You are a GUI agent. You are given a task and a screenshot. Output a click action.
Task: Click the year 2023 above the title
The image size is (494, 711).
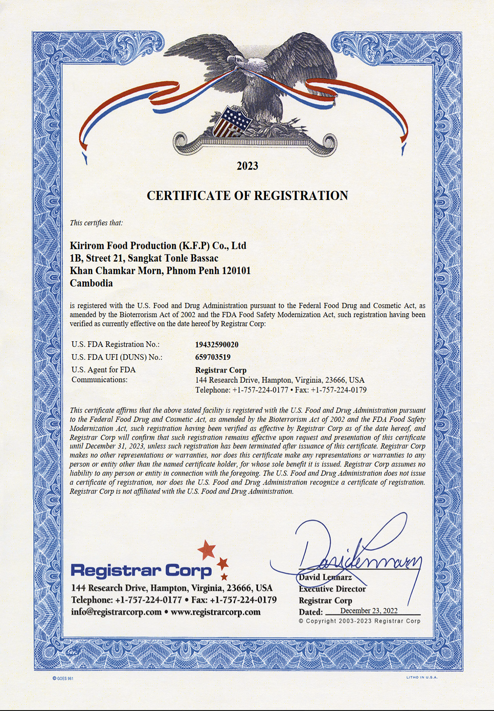click(x=247, y=166)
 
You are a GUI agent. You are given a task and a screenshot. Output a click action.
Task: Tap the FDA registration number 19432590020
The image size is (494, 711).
click(x=217, y=344)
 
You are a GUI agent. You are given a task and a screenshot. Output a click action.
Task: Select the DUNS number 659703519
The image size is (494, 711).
click(x=213, y=357)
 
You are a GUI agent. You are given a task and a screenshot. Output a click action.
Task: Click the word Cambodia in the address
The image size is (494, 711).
click(x=91, y=283)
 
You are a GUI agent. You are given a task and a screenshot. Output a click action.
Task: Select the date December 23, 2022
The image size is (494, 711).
click(x=369, y=611)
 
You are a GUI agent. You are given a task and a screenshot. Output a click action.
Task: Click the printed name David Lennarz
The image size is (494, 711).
click(x=325, y=577)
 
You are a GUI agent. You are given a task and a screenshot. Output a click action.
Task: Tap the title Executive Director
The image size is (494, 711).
click(x=332, y=589)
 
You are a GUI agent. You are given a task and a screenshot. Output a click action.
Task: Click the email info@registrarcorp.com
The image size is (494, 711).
click(x=116, y=612)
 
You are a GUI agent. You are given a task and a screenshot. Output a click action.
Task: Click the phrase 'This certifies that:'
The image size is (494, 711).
click(x=96, y=223)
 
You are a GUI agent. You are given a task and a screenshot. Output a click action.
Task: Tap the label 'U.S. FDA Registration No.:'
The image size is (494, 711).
click(x=115, y=344)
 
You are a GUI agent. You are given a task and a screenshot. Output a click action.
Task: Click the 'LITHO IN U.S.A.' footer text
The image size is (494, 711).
click(x=422, y=677)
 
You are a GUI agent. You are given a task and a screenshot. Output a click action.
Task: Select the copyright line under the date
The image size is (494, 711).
click(x=360, y=621)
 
